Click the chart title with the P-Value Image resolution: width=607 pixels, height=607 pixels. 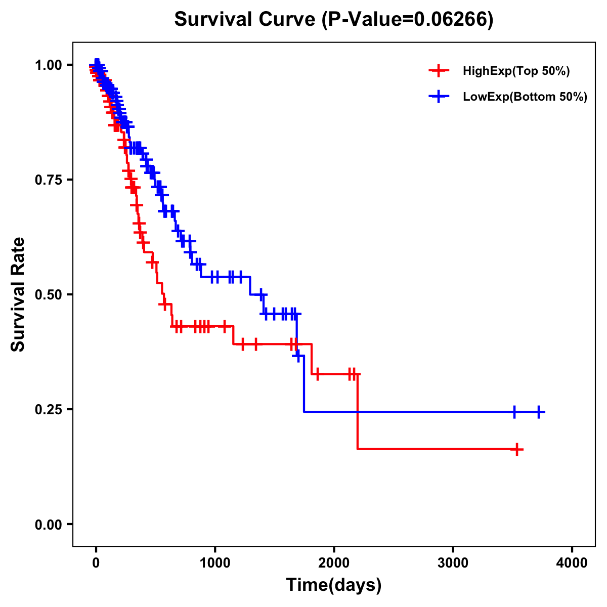(334, 19)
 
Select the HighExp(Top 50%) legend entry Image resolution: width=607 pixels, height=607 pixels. (516, 71)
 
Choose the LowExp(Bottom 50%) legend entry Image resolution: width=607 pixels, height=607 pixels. (525, 97)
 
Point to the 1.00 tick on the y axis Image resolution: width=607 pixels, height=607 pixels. (48, 65)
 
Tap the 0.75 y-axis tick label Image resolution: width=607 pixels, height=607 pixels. (48, 180)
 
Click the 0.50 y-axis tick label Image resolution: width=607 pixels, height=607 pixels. (48, 294)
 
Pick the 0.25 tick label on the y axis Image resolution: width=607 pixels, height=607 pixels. (48, 409)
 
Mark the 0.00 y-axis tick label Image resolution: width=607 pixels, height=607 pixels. (48, 524)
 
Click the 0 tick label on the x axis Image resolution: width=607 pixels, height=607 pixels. (96, 562)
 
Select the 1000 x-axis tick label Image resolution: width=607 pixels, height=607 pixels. (215, 562)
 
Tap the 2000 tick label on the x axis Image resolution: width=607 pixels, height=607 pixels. (334, 562)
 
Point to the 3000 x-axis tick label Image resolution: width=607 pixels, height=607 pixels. (453, 562)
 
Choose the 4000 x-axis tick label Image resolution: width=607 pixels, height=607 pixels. (572, 562)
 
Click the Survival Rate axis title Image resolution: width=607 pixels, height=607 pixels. (18, 294)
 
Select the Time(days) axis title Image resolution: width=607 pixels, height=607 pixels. (334, 585)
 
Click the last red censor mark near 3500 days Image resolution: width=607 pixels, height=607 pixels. (516, 449)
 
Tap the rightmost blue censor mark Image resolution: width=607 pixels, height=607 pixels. (539, 412)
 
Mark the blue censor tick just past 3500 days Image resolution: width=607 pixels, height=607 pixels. (514, 412)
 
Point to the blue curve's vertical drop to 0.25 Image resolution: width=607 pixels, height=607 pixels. (304, 384)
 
